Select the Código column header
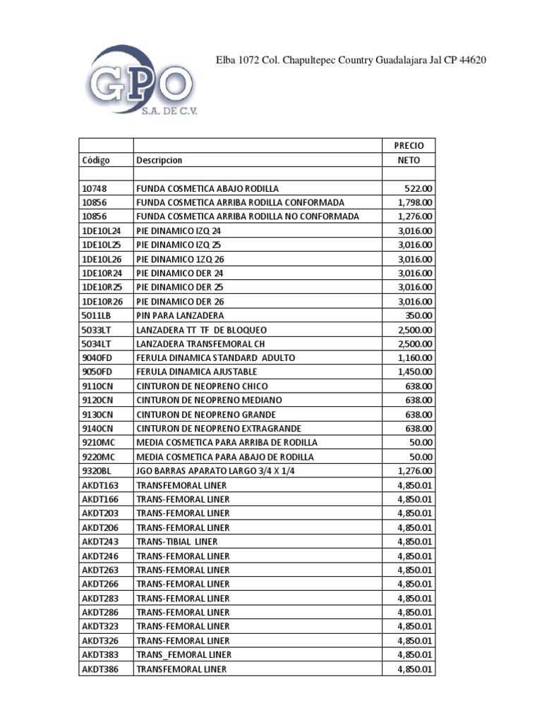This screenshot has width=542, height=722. click(96, 160)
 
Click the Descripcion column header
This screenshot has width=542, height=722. click(159, 160)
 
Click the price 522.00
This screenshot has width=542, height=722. click(418, 188)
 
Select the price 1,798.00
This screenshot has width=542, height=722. click(415, 202)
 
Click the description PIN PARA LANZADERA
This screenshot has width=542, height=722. click(180, 315)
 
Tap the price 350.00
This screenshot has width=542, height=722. click(418, 315)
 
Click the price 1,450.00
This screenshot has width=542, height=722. click(415, 372)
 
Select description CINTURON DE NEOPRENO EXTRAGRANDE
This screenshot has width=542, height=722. click(219, 429)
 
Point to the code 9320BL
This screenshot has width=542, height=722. click(97, 471)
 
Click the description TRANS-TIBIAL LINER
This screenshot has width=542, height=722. click(177, 541)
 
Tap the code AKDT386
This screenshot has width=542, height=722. click(100, 668)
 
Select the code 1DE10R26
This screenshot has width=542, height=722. click(102, 301)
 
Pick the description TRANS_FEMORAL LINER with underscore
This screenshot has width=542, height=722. click(183, 654)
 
